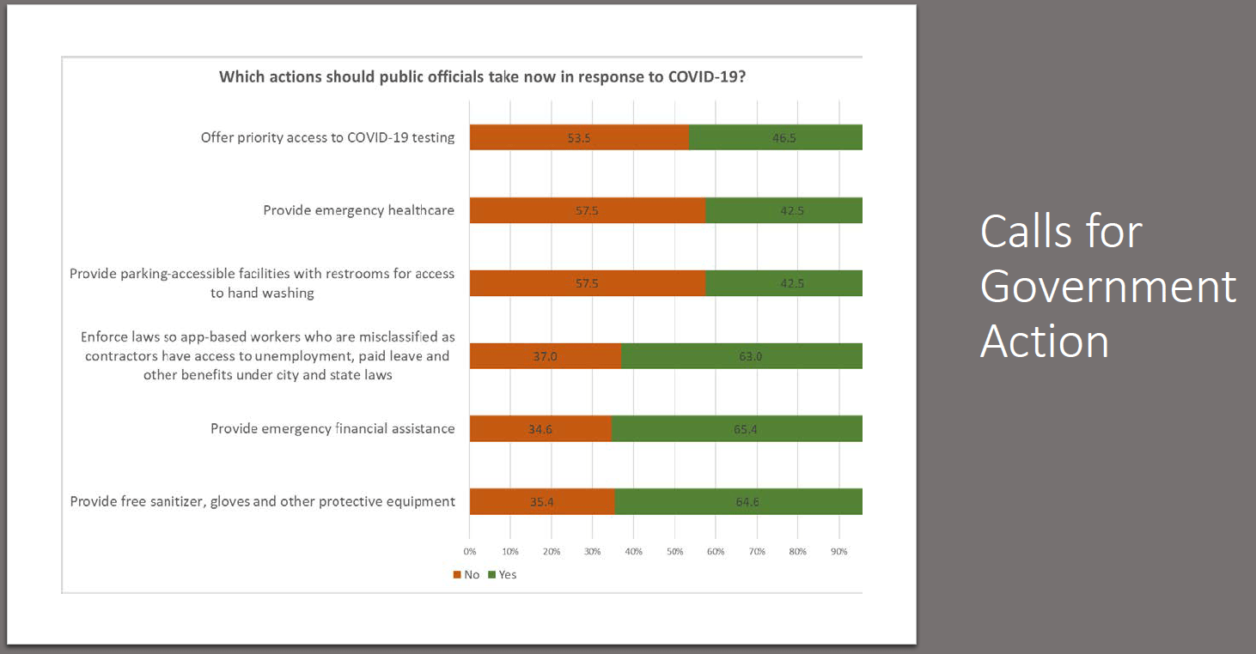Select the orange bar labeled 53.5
tap(579, 137)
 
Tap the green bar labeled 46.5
tap(776, 137)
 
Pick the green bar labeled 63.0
tap(742, 356)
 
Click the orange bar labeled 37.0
tap(546, 356)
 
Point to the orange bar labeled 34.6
tap(540, 429)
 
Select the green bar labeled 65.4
tap(737, 429)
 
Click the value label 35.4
tap(540, 502)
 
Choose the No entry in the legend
tap(466, 574)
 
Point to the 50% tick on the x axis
tap(674, 551)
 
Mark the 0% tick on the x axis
tap(470, 551)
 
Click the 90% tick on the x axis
tap(838, 551)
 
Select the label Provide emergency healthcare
tap(358, 210)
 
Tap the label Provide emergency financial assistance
tap(332, 428)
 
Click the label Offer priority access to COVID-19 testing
tap(327, 137)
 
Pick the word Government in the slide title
tap(1108, 287)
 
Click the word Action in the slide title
tap(1044, 341)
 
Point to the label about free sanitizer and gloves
tap(262, 501)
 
